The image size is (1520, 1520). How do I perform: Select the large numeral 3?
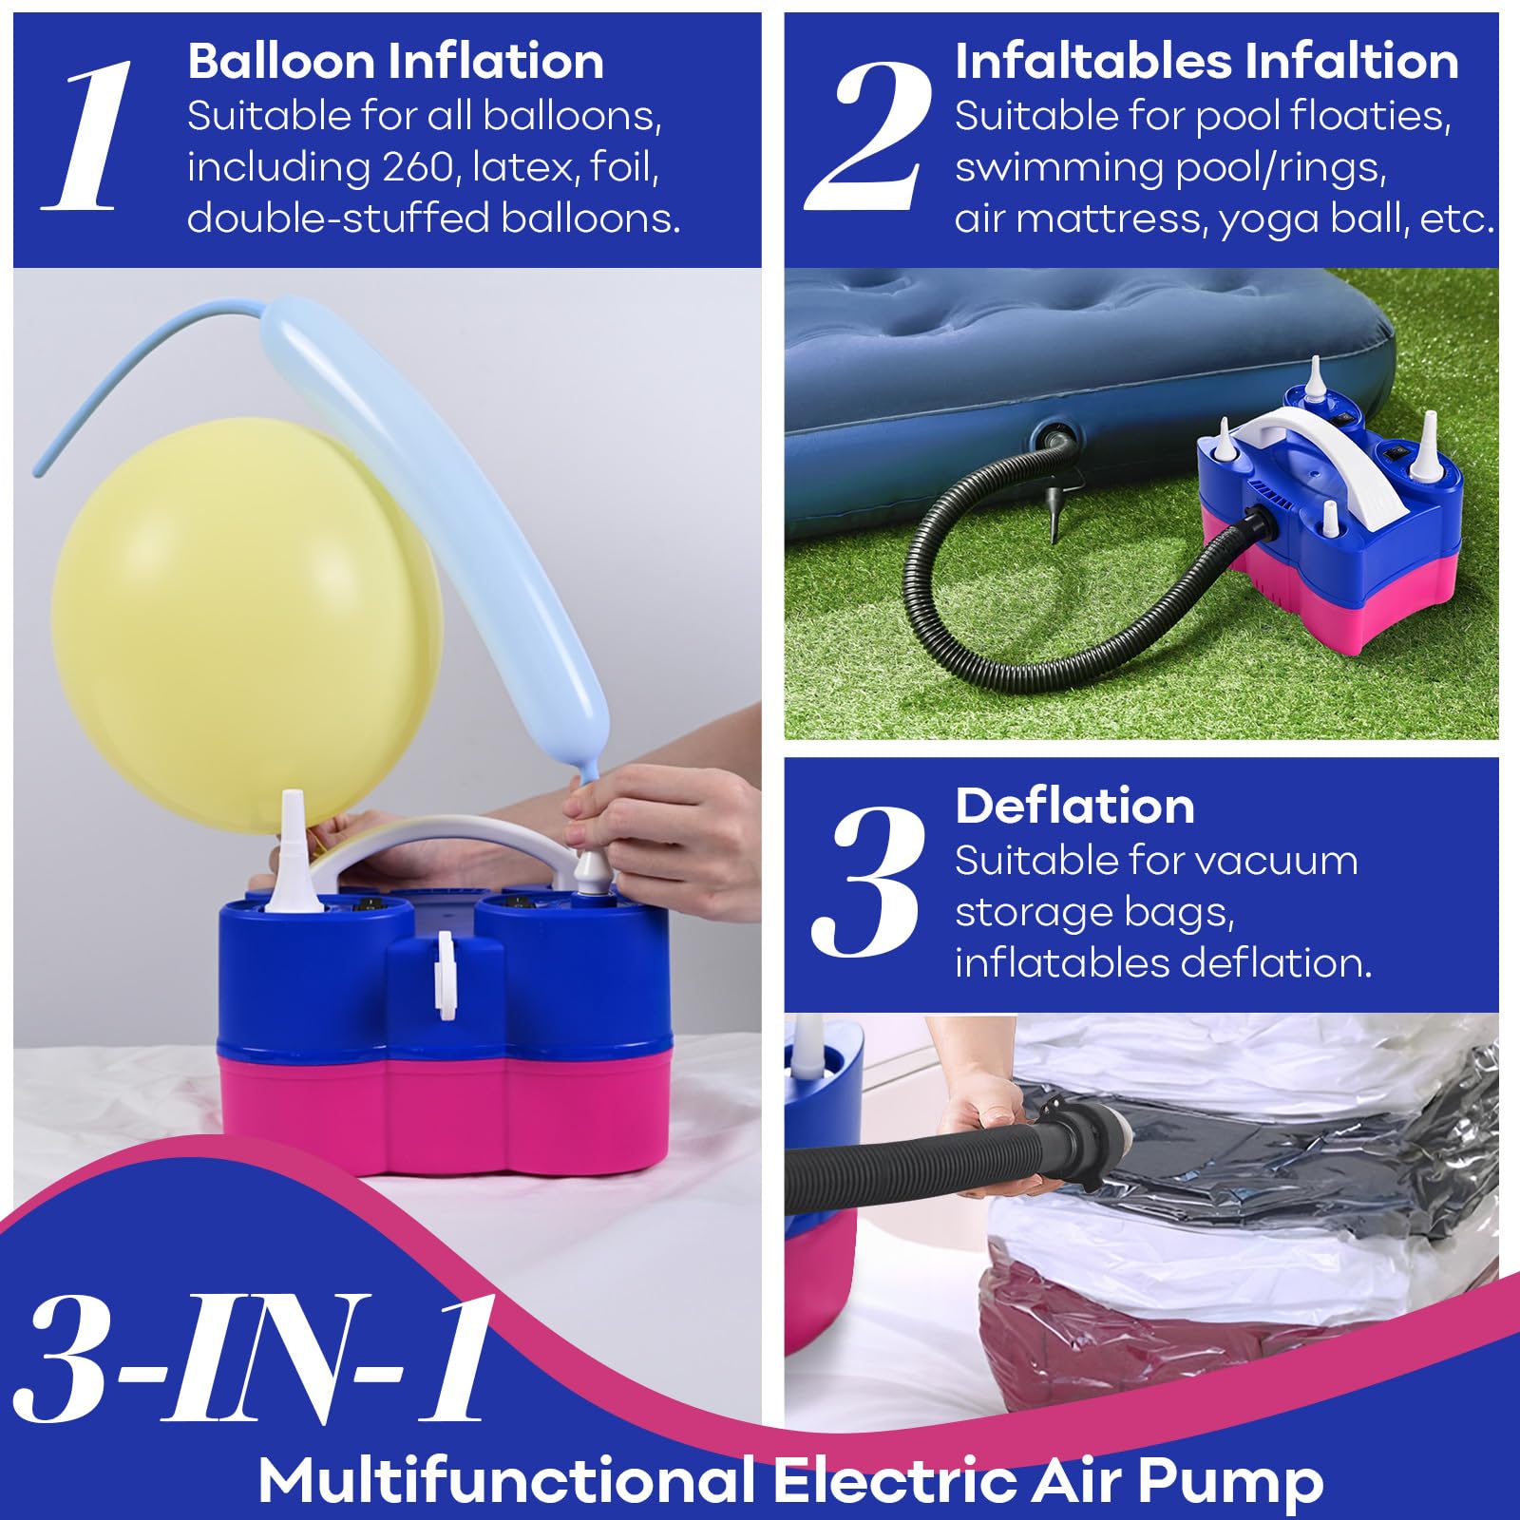(867, 881)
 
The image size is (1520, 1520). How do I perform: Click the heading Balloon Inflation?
(395, 62)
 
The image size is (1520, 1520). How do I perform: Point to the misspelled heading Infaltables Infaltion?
(1206, 62)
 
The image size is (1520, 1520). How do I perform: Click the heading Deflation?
(1074, 807)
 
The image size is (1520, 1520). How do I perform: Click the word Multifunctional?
(506, 1478)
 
